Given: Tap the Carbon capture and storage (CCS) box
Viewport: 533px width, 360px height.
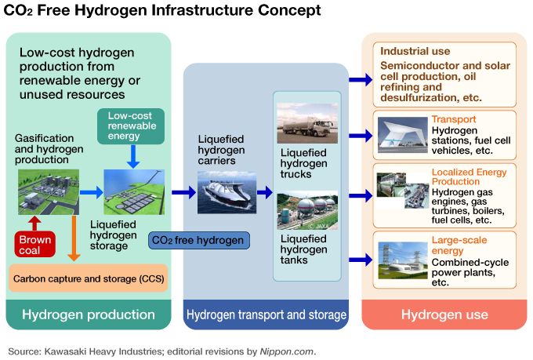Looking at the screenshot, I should [x=88, y=278].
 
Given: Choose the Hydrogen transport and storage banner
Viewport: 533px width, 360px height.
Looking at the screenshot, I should [x=266, y=315].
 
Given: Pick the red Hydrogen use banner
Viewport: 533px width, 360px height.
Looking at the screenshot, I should [x=444, y=315].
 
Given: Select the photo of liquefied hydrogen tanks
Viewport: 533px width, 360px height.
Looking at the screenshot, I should [x=307, y=210].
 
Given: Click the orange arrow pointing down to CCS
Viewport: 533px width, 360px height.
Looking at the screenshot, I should [x=72, y=238].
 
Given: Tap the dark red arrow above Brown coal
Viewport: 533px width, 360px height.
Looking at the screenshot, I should [x=36, y=223].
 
